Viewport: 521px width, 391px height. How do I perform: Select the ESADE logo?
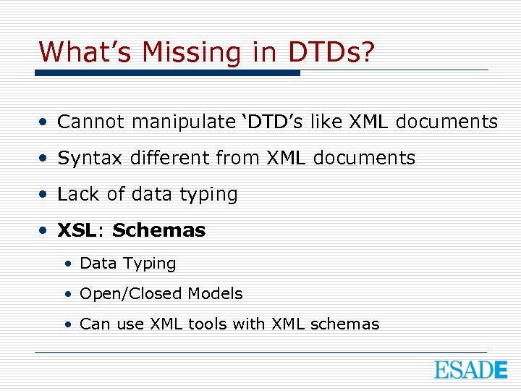coord(470,369)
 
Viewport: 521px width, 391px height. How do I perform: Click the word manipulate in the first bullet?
coord(182,122)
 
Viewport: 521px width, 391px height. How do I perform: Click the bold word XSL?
coord(76,230)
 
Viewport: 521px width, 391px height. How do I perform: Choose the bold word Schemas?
coord(158,230)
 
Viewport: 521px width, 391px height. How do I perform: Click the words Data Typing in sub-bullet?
coord(127,264)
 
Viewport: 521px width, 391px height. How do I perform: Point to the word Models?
coord(215,293)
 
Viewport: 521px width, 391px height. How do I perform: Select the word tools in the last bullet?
coord(208,324)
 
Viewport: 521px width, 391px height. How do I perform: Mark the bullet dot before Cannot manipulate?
coord(45,122)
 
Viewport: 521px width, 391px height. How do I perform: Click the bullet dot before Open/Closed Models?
coord(67,294)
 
